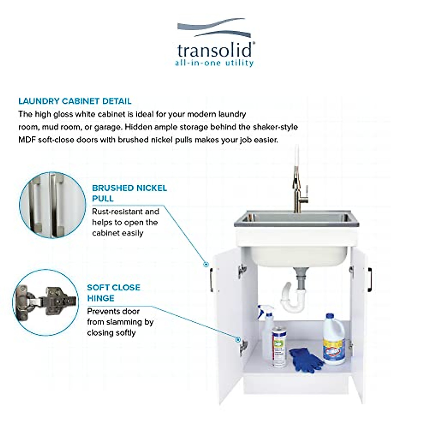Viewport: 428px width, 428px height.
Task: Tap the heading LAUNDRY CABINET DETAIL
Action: coord(75,101)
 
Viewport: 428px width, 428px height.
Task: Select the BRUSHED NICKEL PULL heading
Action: coord(129,193)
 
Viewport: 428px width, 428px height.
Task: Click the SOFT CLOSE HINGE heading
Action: coord(113,292)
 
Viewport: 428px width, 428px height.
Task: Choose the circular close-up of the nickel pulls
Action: coord(52,204)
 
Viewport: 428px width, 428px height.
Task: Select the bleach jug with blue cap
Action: coord(334,339)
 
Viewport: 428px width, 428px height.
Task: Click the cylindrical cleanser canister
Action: coord(280,346)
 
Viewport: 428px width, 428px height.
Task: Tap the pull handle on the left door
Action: coord(212,279)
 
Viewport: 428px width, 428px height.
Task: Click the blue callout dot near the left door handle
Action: coord(206,264)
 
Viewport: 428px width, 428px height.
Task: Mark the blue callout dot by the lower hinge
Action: coord(237,340)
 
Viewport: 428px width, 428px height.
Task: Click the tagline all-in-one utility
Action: coord(214,63)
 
